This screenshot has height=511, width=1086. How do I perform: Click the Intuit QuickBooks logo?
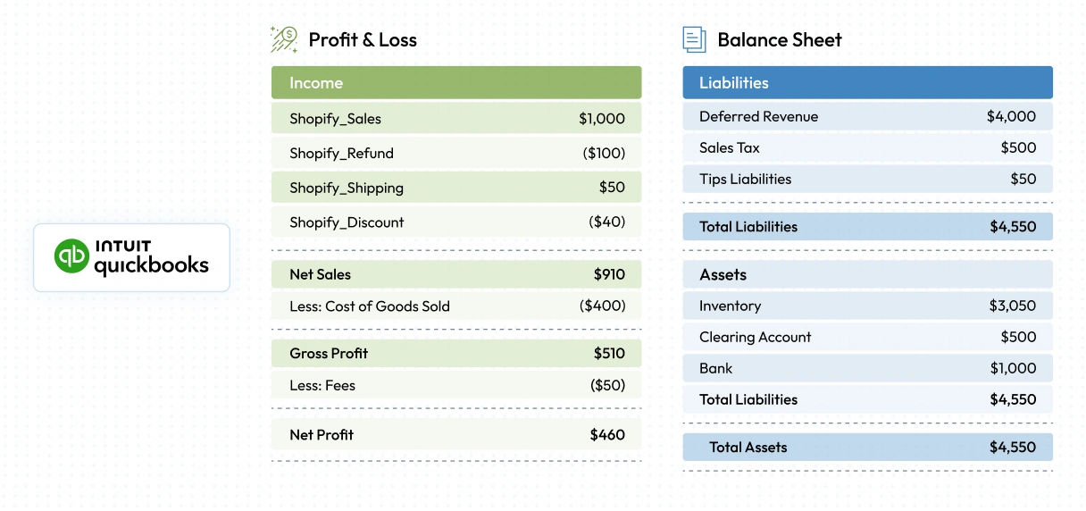coord(131,257)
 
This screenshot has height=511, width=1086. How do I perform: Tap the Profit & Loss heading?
coord(362,39)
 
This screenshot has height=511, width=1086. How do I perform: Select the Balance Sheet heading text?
coord(779,39)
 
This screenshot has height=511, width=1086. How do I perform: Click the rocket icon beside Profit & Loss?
coord(284,39)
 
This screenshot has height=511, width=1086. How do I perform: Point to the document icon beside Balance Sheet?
coord(694,39)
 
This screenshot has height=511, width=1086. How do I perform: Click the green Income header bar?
coord(455,82)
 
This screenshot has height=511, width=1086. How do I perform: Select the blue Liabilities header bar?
coord(867,82)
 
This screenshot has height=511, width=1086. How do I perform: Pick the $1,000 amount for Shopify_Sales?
coord(602,118)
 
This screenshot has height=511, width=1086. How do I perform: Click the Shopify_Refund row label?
coord(341,153)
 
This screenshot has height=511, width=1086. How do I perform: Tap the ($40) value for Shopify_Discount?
coord(606,222)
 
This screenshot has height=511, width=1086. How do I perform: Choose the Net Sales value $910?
coord(609,274)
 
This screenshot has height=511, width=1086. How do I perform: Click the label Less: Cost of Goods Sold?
coord(369,306)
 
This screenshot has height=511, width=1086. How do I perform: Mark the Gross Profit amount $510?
coord(609,353)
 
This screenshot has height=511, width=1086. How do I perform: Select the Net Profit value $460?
coord(607,434)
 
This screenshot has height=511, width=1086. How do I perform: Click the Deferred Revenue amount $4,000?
coord(1011,116)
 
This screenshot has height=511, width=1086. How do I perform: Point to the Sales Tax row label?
coord(729,147)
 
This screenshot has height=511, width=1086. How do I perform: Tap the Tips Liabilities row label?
coord(745,179)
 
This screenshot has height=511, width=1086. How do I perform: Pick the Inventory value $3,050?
coord(1012,306)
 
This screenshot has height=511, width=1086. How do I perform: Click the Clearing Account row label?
coord(755,337)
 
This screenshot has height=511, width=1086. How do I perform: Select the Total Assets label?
coord(748,447)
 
